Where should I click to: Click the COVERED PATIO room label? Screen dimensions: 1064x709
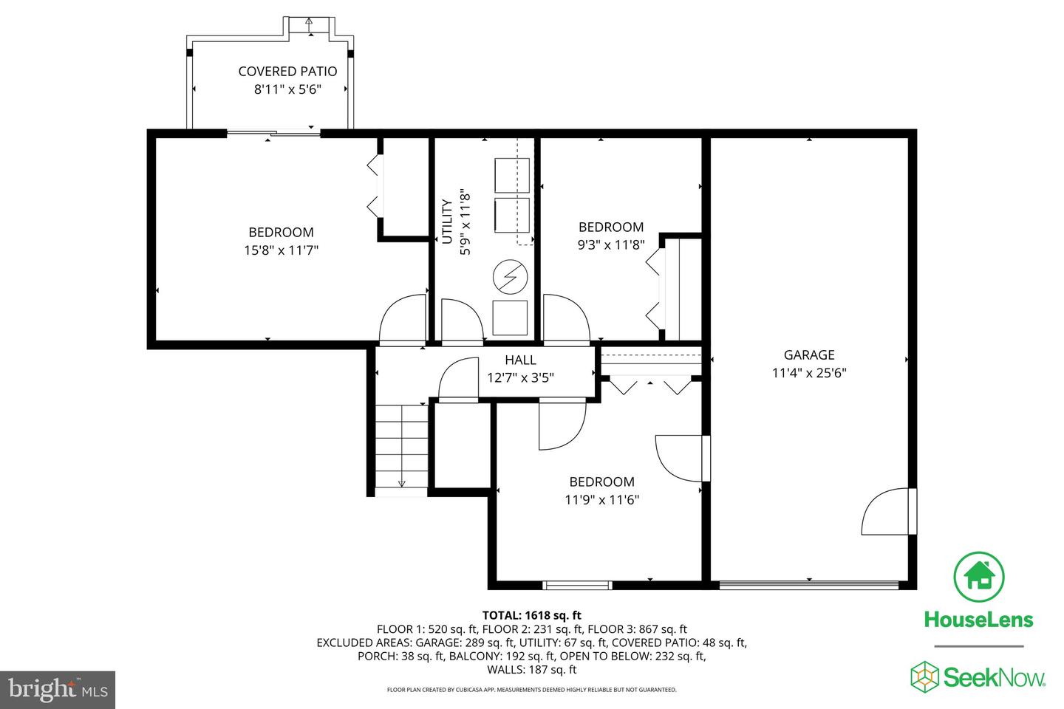pos(287,71)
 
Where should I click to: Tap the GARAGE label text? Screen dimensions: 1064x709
pos(809,354)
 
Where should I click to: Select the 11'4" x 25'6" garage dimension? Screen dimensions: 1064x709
pos(809,373)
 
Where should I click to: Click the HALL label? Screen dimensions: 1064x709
pos(520,360)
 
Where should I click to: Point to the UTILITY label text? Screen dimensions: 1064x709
pos(447,222)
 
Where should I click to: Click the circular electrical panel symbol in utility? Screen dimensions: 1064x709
pos(510,277)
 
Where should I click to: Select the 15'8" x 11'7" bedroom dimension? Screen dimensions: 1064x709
pos(281,250)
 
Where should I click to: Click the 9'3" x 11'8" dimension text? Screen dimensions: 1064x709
pos(611,245)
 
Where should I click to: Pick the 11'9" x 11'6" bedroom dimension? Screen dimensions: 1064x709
pos(601,500)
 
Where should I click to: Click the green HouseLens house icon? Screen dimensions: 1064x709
pos(978,577)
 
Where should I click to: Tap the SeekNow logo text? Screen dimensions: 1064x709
pos(995,678)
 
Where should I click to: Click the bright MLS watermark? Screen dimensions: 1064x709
pos(58,690)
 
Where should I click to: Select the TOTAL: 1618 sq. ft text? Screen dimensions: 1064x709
pos(531,615)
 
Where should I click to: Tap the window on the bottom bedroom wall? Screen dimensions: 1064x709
pos(577,586)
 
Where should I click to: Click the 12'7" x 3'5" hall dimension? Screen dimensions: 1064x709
pos(520,378)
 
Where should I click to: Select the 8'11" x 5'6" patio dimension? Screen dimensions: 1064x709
pos(287,89)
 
